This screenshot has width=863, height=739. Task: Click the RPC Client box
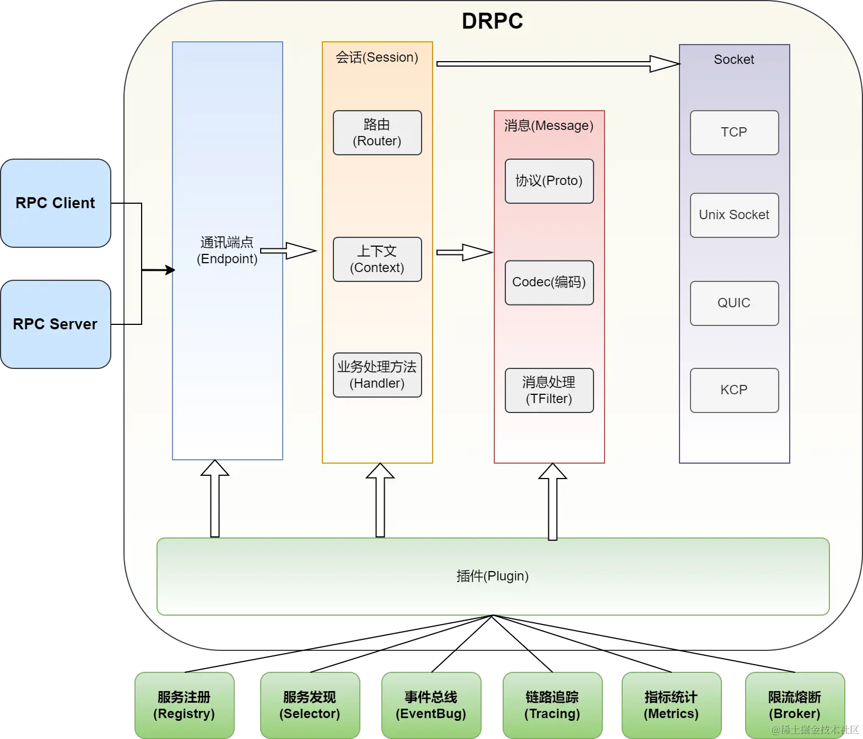pos(56,203)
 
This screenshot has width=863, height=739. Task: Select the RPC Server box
pos(56,324)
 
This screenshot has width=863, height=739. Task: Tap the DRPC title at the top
pos(492,21)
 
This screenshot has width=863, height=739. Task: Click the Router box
pos(377,133)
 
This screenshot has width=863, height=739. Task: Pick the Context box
pos(377,259)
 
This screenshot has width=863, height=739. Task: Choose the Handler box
pos(377,374)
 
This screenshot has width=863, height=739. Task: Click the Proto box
pos(549,181)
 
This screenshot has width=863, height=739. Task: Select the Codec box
pos(549,282)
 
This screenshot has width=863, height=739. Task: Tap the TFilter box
pos(549,390)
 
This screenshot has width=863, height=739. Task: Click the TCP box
pos(734,133)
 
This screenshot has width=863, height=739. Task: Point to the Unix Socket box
pos(734,215)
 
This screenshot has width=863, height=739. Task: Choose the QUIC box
pos(734,303)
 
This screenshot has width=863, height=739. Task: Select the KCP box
pos(734,390)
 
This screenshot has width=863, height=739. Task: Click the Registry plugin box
pos(184,705)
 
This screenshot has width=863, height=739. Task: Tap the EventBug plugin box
pos(431,705)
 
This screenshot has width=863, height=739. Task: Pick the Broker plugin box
pos(795,705)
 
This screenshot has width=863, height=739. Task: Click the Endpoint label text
pos(226,251)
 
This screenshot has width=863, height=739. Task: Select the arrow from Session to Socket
pos(558,64)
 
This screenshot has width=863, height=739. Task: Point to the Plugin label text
pos(492,576)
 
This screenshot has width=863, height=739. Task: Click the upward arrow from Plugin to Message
pos(552,502)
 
